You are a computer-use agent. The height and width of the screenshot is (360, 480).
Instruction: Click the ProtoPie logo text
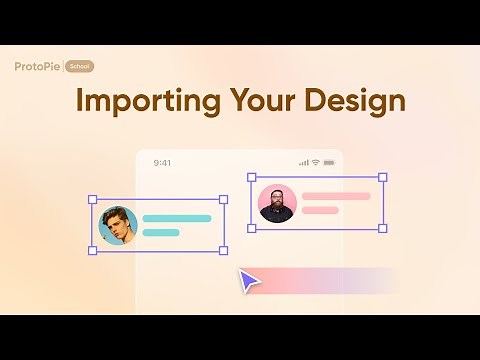tap(38, 67)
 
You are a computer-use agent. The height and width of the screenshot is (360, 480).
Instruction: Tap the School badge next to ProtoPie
tap(80, 67)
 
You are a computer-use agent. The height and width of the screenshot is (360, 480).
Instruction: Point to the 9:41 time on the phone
tap(163, 162)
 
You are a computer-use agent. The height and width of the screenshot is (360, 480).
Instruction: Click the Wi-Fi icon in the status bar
tap(315, 162)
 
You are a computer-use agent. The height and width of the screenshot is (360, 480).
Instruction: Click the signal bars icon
tap(303, 162)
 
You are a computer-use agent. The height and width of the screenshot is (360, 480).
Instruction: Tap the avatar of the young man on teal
tap(118, 226)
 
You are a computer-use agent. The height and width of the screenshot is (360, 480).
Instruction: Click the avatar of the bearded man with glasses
tap(277, 203)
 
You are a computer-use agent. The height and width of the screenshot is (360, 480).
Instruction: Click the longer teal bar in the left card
tap(177, 218)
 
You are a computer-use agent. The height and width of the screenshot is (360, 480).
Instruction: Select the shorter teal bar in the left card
tap(161, 233)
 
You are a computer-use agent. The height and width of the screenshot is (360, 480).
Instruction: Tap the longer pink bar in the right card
tap(336, 196)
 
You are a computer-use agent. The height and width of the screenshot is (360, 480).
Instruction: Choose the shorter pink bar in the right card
tap(321, 211)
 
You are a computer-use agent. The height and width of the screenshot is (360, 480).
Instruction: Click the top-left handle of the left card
tap(92, 200)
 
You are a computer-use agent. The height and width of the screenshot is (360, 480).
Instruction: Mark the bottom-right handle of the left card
tap(223, 251)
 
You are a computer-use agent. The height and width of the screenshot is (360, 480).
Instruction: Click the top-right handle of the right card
tap(382, 178)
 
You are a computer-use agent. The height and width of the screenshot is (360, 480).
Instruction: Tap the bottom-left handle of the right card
tap(251, 229)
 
